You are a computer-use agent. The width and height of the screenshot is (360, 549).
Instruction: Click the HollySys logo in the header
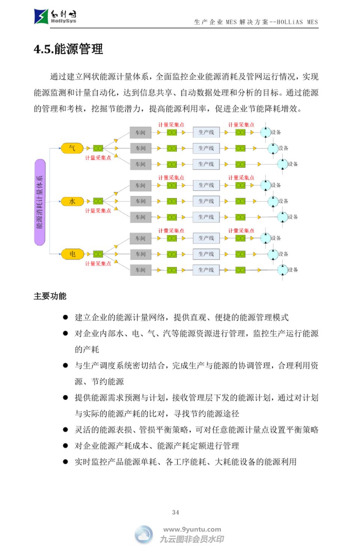coord(55,16)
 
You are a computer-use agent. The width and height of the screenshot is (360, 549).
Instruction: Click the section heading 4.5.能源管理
coord(68,49)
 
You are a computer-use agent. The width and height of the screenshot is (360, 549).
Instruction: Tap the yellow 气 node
coord(72,148)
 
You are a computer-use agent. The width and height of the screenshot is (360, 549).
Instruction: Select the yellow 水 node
coord(72,201)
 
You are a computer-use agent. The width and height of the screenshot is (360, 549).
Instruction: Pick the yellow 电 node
coord(72,254)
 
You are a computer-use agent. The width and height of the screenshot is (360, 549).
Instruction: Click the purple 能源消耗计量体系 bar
coord(40,202)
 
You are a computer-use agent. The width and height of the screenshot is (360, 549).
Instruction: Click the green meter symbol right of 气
coord(98,148)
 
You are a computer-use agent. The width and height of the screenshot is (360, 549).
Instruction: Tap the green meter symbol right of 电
coord(98,254)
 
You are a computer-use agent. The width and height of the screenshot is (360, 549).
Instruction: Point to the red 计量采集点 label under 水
coord(98,211)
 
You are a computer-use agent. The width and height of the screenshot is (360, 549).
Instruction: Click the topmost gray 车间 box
coord(141,132)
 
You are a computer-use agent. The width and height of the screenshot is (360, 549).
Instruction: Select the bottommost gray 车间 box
coord(141,270)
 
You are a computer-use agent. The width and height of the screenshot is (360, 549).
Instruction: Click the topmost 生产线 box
coord(206,132)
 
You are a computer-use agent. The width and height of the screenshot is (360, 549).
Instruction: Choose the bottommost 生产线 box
coord(206,270)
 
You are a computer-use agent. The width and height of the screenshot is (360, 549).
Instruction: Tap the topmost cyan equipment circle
coord(265,132)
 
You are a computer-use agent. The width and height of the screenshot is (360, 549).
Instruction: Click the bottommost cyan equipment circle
coord(282,269)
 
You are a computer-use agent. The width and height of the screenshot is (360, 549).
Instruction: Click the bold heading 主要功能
coord(50,296)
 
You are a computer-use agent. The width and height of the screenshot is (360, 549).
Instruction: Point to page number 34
coord(175,512)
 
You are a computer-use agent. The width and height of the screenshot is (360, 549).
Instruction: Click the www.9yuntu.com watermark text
coord(192,530)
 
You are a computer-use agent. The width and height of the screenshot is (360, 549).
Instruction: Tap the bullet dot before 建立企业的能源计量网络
coord(65,317)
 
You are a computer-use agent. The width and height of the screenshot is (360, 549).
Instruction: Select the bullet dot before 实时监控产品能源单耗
coord(65,462)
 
